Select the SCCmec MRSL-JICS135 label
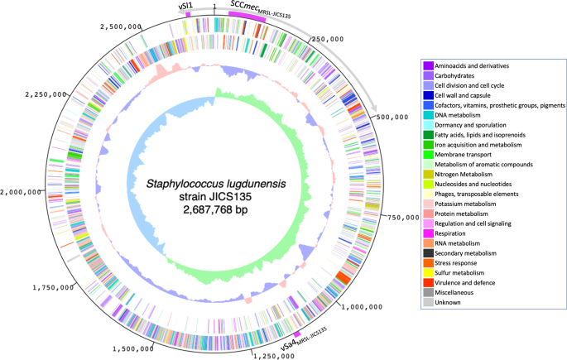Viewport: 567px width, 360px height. point(257,7)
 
